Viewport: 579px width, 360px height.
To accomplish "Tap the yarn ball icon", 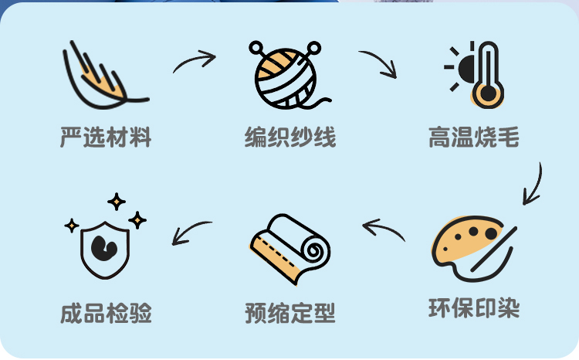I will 288,75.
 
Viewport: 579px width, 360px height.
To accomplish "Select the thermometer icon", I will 487,74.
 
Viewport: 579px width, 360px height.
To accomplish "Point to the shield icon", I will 106,246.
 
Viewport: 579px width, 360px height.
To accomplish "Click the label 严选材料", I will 106,138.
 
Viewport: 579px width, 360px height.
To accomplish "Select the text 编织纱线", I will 290,138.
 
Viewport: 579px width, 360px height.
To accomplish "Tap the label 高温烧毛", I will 474,138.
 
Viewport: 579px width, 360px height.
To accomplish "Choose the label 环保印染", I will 474,308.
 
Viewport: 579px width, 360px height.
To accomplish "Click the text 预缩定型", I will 290,313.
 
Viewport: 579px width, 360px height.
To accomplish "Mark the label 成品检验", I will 106,313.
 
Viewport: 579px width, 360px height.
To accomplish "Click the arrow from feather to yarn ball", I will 194,62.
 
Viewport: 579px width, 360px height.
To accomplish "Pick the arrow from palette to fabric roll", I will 384,229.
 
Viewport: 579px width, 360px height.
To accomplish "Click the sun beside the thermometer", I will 462,67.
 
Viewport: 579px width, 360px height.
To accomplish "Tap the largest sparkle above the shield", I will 117,202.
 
